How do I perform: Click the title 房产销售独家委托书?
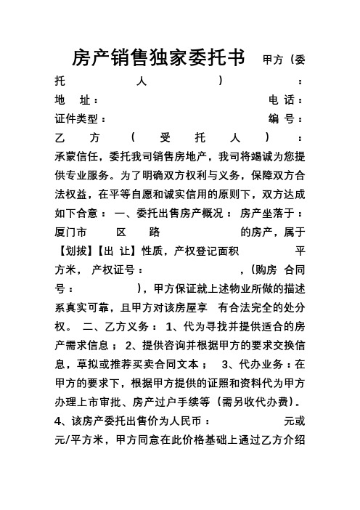tap(160, 57)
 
